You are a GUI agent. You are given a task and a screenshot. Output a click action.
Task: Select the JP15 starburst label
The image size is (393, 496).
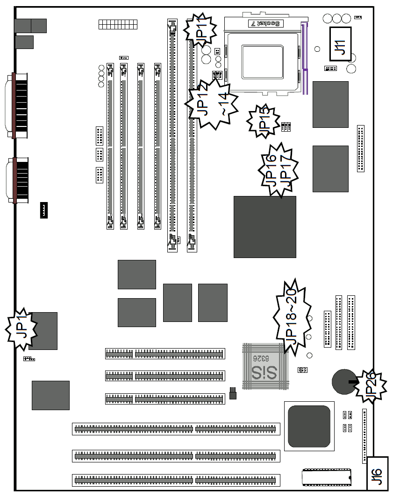(x=263, y=121)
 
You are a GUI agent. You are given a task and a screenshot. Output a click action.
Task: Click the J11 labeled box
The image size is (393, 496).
(x=340, y=44)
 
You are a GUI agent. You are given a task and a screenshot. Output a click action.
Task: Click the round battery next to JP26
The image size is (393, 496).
(x=343, y=382)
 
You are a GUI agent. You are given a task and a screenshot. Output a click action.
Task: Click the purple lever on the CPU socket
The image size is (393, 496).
(x=306, y=61)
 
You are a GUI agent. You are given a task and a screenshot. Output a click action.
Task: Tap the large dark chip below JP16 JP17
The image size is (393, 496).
(x=264, y=227)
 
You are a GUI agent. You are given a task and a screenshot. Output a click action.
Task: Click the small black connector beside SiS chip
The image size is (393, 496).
(x=232, y=393)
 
